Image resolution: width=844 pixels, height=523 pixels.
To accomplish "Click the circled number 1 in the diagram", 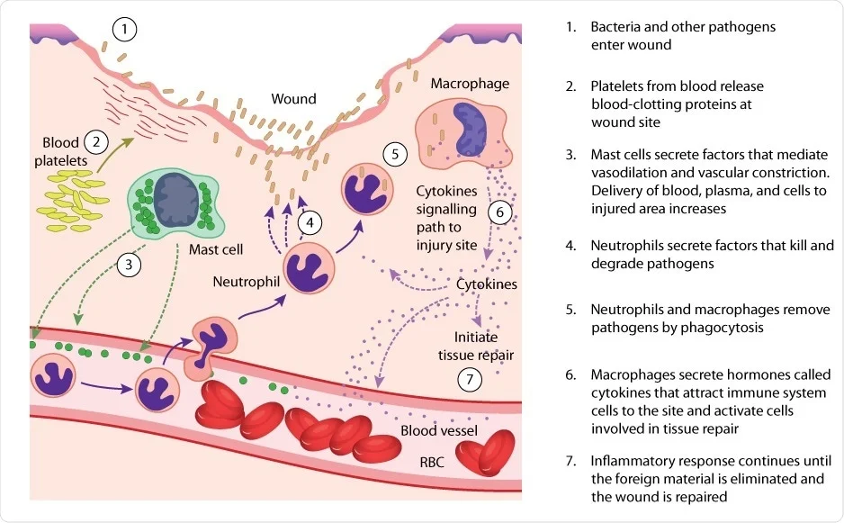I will tap(125, 31).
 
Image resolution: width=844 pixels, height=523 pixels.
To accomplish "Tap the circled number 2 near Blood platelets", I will tap(95, 141).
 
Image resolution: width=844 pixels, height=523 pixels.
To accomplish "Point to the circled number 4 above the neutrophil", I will tap(310, 221).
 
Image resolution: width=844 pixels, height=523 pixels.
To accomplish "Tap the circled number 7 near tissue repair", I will tap(469, 380).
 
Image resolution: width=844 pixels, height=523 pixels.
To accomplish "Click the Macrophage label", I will tap(470, 84).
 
